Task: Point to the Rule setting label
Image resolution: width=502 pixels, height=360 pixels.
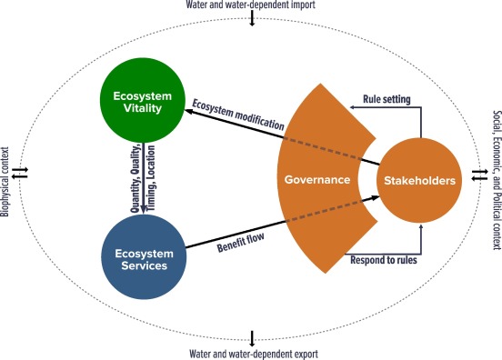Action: click(x=387, y=98)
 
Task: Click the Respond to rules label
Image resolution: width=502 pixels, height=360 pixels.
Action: click(x=384, y=260)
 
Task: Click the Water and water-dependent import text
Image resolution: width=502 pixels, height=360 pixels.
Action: click(x=251, y=5)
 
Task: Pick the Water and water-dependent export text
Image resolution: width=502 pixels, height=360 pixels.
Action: click(x=251, y=353)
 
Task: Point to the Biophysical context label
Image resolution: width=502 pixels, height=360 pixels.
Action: click(x=8, y=180)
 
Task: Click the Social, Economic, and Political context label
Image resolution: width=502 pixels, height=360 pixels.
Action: click(x=495, y=180)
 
